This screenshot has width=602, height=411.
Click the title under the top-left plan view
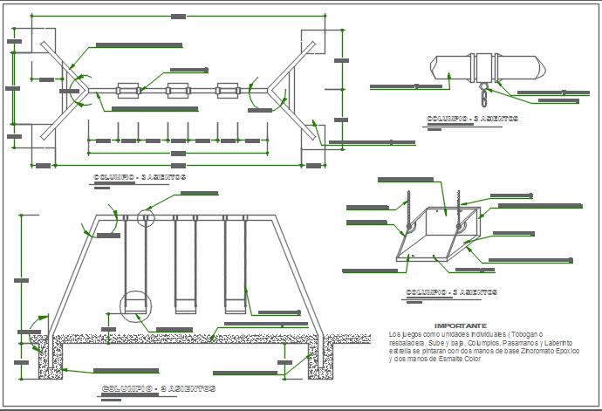[x=140, y=177]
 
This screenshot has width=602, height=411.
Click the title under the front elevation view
[x=159, y=387]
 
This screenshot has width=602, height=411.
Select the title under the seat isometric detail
[x=451, y=292]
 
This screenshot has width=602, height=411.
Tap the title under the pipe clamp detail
[x=472, y=118]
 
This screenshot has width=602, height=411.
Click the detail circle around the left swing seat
[x=133, y=303]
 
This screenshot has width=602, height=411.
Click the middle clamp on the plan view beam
[x=178, y=90]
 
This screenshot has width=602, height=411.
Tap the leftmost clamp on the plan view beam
[x=128, y=90]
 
